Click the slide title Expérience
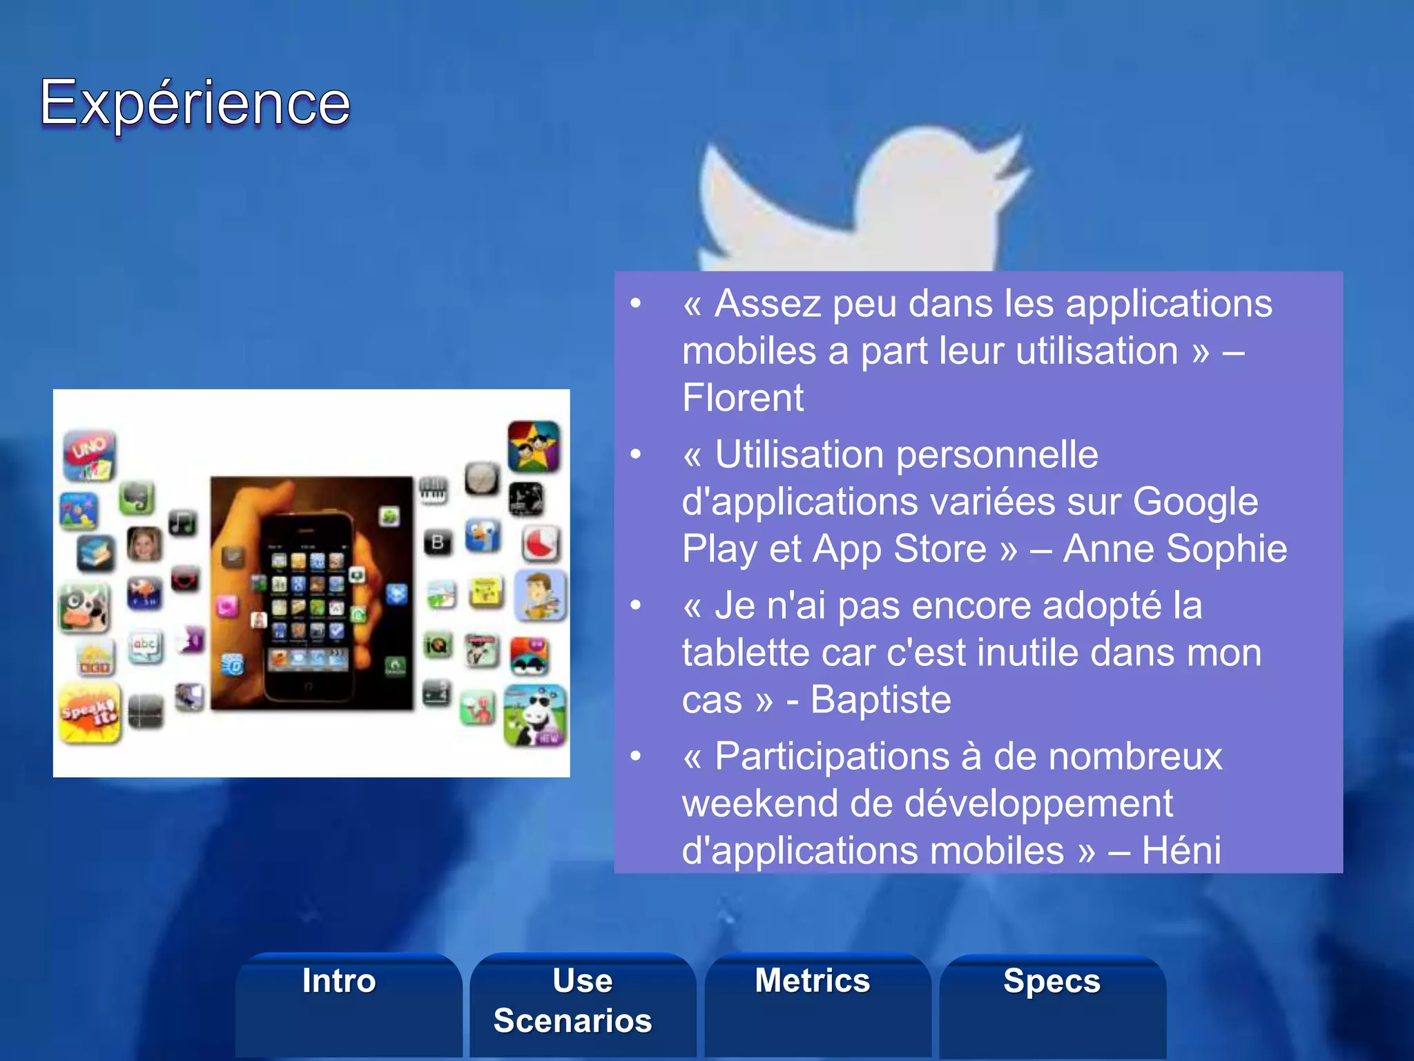tap(195, 104)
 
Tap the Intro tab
tap(339, 981)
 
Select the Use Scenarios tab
tap(573, 1000)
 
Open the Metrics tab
tap(813, 981)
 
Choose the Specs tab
tap(1052, 981)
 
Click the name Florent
tap(743, 398)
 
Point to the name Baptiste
tap(881, 700)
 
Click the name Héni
tap(1181, 850)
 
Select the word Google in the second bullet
tap(1195, 501)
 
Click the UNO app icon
tap(90, 455)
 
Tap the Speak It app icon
tap(90, 713)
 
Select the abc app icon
tap(145, 647)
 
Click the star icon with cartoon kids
tap(534, 446)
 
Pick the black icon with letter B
tap(438, 543)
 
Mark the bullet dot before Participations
tap(636, 756)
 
